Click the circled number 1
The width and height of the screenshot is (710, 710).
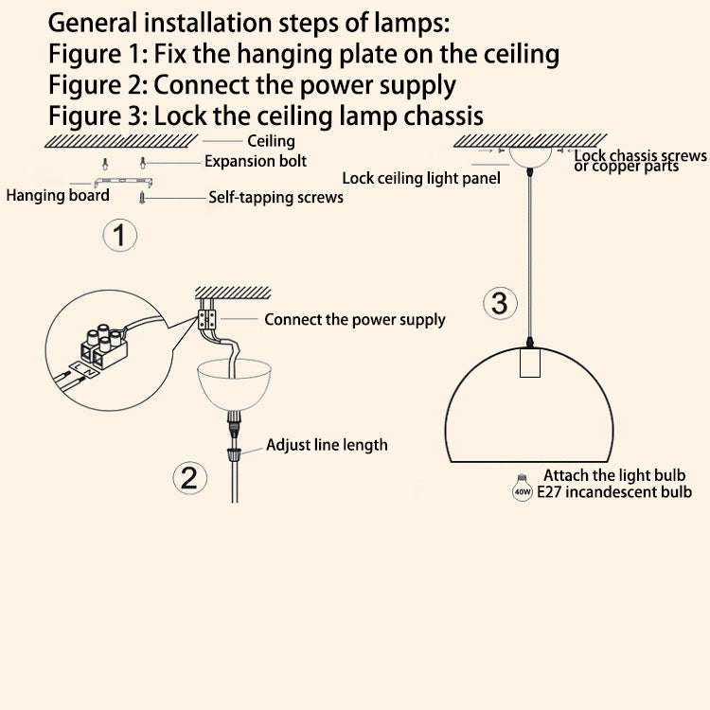coord(119,234)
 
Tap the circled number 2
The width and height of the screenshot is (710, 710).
coord(188,476)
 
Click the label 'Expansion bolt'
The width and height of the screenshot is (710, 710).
coord(256,161)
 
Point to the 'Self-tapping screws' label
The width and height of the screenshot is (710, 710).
coord(275,198)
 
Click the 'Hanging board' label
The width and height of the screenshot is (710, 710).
coord(58,196)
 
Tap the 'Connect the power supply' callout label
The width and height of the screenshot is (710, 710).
coord(354,320)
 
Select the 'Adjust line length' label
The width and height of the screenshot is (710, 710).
coord(327,444)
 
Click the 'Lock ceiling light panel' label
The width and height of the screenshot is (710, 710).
coord(421,178)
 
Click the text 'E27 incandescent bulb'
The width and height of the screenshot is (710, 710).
coord(613,492)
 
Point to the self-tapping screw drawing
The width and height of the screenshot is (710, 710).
coord(142,197)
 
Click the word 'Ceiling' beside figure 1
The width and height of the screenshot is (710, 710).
coord(271,142)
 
